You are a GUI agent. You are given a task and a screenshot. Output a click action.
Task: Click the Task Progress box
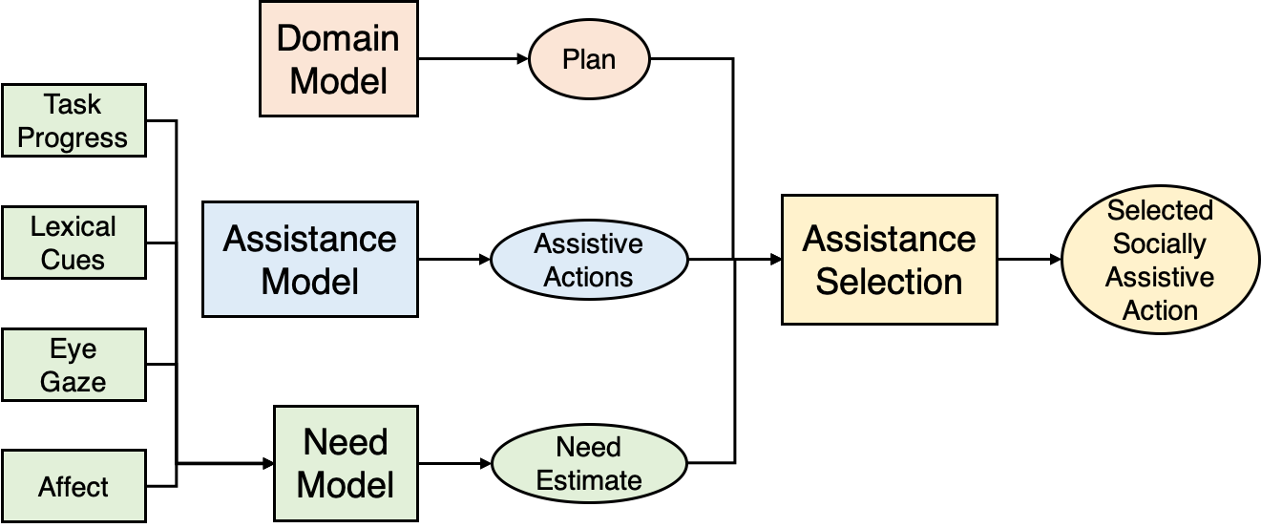[74, 120]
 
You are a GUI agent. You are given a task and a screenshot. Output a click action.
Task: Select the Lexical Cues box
[74, 243]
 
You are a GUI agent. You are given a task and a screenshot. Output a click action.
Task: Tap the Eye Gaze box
[74, 365]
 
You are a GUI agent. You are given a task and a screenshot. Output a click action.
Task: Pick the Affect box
[74, 486]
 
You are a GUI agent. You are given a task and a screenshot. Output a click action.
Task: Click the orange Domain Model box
[339, 59]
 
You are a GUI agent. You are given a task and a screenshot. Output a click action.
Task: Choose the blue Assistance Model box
[310, 259]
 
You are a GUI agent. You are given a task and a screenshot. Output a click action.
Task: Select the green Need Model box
[346, 464]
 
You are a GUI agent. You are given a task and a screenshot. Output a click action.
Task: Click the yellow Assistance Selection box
[889, 260]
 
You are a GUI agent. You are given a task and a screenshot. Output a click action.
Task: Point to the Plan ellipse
[589, 60]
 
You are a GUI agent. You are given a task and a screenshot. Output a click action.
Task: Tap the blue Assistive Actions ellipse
[589, 261]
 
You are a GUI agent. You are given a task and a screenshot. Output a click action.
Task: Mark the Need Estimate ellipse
[589, 464]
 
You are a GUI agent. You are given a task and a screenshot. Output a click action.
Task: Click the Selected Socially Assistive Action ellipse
[1160, 261]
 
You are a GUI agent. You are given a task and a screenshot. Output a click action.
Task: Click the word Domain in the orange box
[339, 39]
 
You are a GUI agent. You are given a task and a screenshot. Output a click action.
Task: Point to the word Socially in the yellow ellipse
[1160, 244]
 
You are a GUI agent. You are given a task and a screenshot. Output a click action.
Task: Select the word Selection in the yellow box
[889, 282]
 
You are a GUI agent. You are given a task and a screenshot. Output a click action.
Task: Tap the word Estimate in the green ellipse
[589, 480]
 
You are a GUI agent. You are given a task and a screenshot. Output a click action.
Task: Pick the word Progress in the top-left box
[73, 137]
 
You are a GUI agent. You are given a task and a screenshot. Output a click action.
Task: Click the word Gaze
[74, 382]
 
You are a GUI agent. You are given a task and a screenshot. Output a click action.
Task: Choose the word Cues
[74, 260]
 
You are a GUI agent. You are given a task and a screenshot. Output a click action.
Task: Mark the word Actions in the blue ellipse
[589, 278]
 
